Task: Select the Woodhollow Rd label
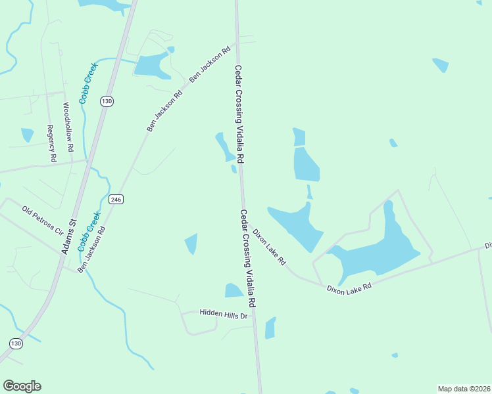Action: click(68, 127)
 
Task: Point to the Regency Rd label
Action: click(51, 144)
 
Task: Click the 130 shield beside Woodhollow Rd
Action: click(107, 100)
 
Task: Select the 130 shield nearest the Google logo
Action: click(16, 343)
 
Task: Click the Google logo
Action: click(22, 386)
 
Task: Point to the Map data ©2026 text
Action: click(464, 389)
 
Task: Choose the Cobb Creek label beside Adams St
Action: click(89, 231)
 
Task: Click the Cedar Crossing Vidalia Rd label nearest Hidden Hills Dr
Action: click(247, 259)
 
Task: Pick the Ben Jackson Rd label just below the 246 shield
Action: click(91, 250)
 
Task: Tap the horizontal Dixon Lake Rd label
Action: click(349, 287)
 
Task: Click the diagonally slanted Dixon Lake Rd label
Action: click(270, 247)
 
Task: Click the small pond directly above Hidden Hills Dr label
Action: click(234, 290)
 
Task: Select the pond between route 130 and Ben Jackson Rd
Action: click(152, 65)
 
